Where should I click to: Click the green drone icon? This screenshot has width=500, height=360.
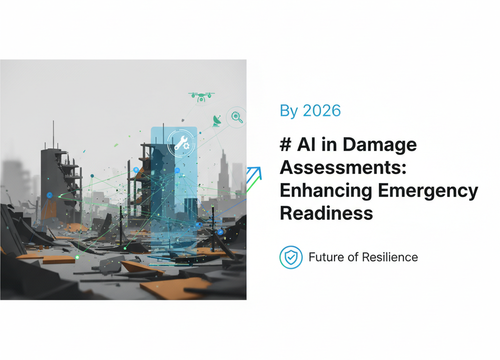tap(201, 96)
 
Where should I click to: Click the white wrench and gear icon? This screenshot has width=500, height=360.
tap(181, 142)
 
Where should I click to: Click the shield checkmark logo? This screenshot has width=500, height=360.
tap(291, 257)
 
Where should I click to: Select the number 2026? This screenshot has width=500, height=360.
tap(322, 111)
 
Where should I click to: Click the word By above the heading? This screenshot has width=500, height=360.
tap(288, 111)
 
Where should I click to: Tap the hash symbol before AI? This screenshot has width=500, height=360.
tap(286, 145)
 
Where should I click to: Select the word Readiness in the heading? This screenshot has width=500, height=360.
tap(326, 213)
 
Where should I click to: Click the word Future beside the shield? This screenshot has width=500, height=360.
tap(326, 257)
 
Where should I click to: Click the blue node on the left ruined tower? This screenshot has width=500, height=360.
tap(49, 195)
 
